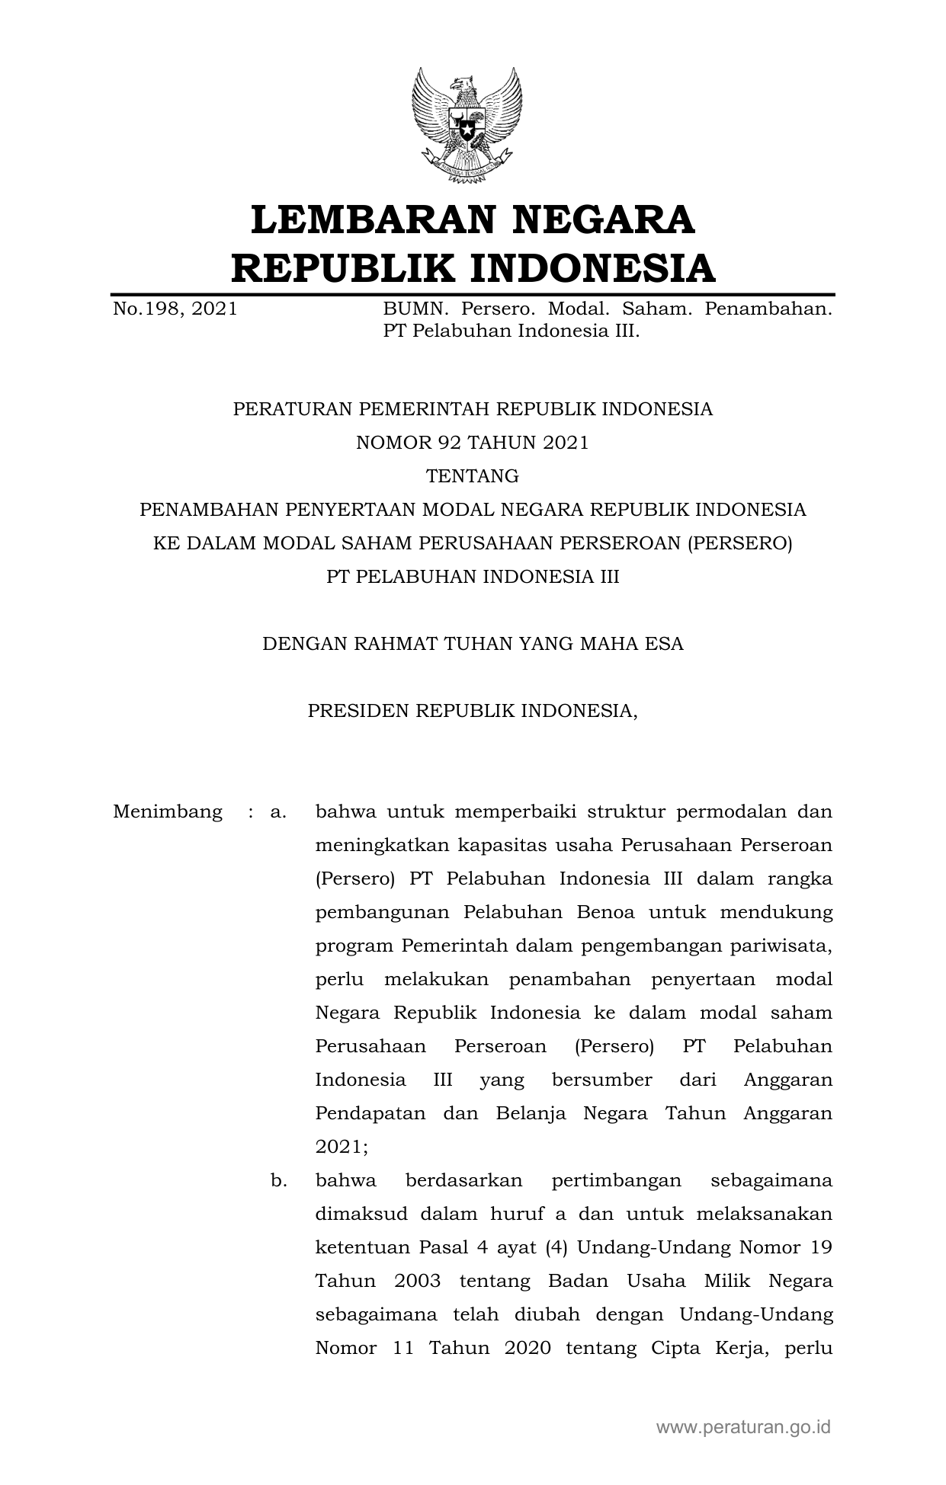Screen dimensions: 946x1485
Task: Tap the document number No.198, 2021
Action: pos(175,309)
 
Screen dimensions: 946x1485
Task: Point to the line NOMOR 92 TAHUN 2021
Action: pos(473,443)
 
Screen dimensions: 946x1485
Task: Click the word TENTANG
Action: pos(473,476)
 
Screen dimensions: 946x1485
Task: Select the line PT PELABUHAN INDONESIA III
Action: pos(473,577)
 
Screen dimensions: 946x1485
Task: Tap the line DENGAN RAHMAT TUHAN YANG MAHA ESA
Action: pos(473,644)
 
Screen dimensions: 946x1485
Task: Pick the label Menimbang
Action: pos(168,811)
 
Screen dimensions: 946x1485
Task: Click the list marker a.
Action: pos(278,811)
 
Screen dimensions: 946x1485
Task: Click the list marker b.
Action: pos(278,1180)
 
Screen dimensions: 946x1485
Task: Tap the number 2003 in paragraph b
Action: pos(418,1281)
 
